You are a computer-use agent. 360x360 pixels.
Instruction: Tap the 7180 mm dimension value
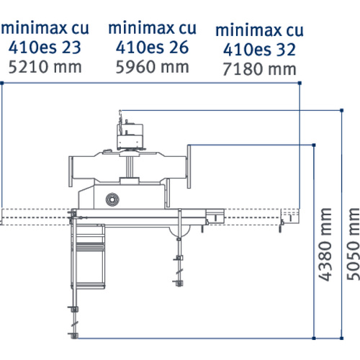click(x=258, y=69)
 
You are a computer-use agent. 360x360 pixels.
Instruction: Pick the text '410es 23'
click(x=41, y=48)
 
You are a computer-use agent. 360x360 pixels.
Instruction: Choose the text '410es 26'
click(x=152, y=48)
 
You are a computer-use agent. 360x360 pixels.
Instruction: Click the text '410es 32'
click(x=259, y=50)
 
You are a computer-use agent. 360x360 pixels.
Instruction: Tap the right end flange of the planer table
click(x=190, y=165)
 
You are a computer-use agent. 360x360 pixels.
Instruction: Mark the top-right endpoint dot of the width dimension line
click(x=300, y=84)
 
